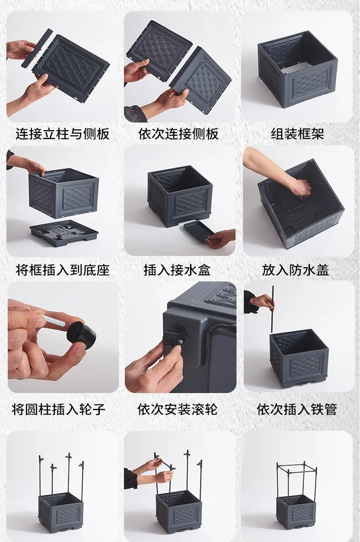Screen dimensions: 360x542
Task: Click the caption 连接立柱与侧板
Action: tap(62, 134)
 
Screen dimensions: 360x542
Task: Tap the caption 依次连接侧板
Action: tap(179, 134)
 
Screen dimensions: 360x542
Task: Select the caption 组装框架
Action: tap(298, 134)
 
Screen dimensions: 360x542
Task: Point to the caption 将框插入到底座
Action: tap(62, 270)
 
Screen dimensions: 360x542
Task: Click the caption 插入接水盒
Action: tap(177, 270)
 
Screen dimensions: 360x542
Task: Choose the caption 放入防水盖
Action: tap(295, 270)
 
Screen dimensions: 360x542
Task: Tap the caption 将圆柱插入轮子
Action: tap(58, 409)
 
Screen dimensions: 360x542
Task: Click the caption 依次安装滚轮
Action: tap(177, 409)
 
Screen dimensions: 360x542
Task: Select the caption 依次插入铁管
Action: tap(297, 409)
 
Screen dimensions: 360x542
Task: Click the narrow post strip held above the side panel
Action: tap(37, 48)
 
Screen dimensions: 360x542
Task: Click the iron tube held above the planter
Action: tap(272, 309)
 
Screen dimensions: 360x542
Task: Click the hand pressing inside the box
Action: tap(300, 189)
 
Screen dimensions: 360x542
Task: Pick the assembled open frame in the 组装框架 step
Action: tap(298, 70)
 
